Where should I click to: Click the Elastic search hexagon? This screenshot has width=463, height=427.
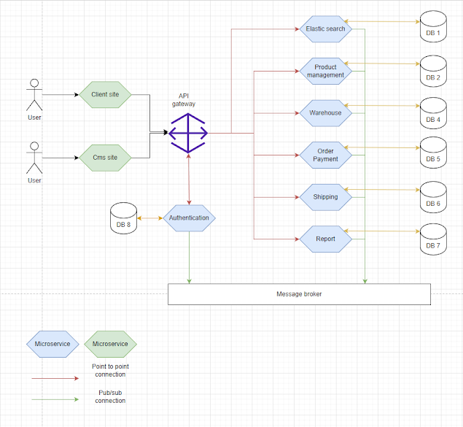pos(325,29)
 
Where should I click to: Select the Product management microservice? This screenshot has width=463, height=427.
pos(325,71)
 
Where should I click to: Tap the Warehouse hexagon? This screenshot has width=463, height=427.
pos(325,113)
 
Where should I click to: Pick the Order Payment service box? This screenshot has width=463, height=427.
pos(325,155)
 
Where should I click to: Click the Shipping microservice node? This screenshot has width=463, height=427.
pos(325,197)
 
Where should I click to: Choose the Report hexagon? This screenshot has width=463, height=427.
pos(325,239)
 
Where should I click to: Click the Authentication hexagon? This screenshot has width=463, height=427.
pos(189,218)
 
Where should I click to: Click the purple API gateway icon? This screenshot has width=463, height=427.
pos(189,133)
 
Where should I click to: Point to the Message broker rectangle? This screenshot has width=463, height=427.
pos(299,294)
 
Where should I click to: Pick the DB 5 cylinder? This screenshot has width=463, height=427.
pos(433,153)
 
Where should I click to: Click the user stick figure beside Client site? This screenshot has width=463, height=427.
pos(34,96)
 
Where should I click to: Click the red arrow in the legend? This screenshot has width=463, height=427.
pos(55,378)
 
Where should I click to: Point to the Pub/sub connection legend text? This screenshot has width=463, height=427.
pos(109,396)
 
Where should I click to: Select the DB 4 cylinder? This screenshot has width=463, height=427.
pos(433,113)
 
